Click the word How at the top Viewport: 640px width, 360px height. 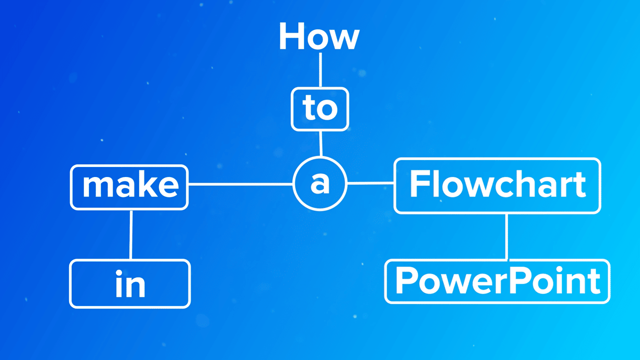point(319,36)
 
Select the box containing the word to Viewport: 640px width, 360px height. point(320,109)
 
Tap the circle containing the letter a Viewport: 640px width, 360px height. point(319,184)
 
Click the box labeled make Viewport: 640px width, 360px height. point(129,186)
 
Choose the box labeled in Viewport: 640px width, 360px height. point(130,283)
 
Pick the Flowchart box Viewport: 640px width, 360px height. point(497,185)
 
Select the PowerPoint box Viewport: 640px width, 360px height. point(497,281)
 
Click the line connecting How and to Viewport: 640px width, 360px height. point(320,70)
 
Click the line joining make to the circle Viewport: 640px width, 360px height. point(240,184)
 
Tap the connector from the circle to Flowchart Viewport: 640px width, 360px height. point(370,183)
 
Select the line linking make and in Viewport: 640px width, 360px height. point(131,234)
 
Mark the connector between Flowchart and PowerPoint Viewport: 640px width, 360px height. point(506,236)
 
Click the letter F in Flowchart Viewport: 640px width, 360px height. point(419,184)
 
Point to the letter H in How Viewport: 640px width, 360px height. point(290,36)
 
